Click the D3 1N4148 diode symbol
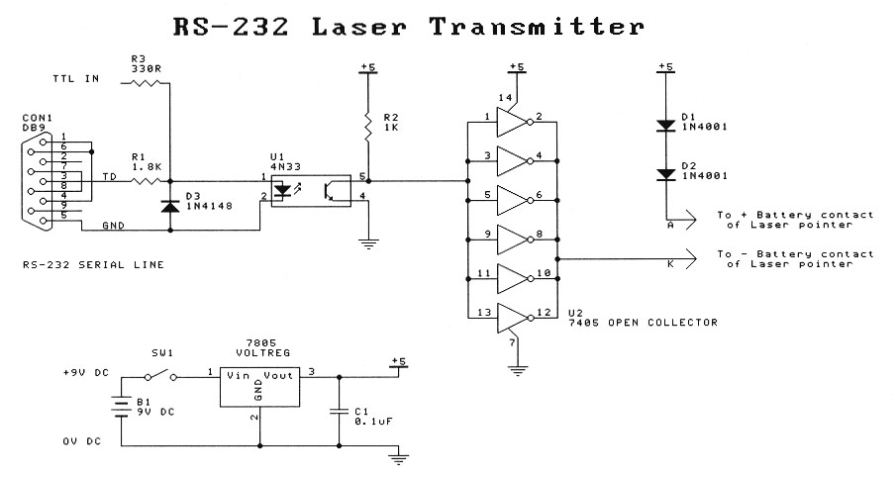tap(169, 207)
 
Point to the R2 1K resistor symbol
tap(367, 125)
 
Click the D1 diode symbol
tap(664, 126)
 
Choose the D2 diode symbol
tap(664, 174)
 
